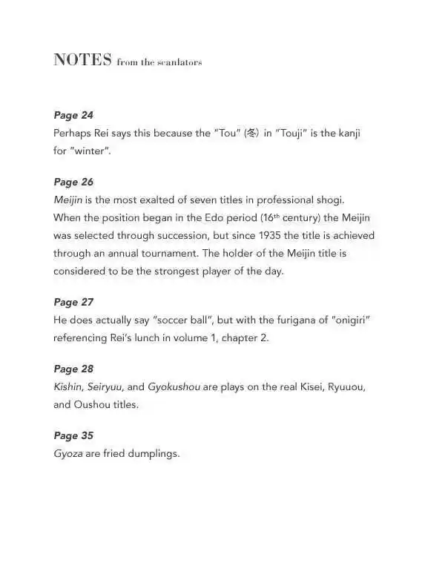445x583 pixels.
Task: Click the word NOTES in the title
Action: point(82,60)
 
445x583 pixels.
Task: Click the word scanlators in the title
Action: point(179,62)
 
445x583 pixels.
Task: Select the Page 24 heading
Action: point(73,115)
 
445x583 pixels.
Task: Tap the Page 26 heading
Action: point(73,182)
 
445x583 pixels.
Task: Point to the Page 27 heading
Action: point(73,303)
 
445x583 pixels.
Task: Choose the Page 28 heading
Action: point(73,369)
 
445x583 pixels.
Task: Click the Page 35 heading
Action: point(73,435)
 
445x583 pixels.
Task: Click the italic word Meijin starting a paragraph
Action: point(68,200)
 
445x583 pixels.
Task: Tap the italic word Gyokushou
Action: point(173,387)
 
